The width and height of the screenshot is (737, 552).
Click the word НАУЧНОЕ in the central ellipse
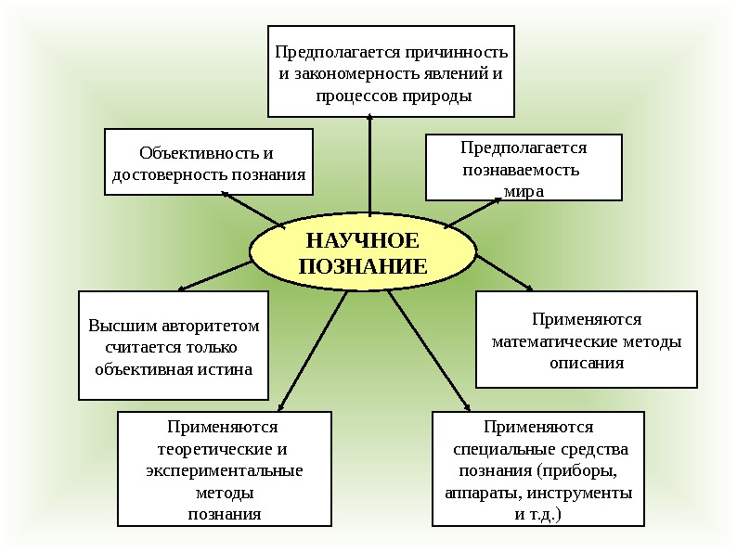[363, 241]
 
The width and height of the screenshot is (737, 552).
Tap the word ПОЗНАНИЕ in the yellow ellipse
[363, 266]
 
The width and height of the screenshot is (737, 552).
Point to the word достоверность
[170, 174]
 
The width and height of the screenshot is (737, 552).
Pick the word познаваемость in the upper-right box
[521, 170]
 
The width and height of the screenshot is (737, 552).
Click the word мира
[524, 191]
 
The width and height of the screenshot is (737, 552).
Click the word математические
[553, 341]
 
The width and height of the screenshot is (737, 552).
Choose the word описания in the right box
[587, 363]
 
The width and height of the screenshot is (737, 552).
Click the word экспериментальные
[225, 471]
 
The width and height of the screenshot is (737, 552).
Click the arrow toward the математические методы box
[504, 274]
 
